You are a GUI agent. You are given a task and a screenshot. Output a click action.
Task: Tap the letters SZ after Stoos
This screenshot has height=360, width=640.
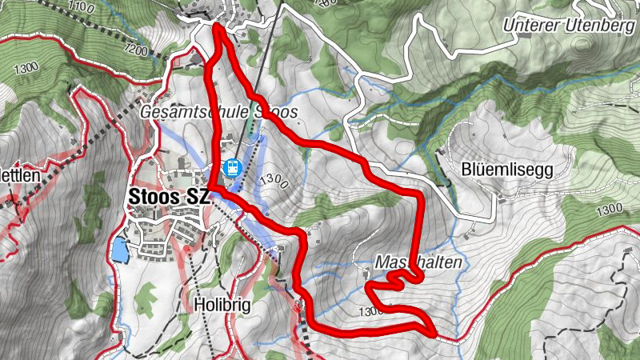198,197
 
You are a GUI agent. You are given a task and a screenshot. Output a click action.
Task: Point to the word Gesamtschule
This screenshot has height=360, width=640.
188,113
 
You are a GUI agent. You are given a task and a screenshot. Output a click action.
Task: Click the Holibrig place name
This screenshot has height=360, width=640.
219,305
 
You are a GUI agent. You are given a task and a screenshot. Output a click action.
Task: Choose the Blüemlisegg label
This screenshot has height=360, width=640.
507,170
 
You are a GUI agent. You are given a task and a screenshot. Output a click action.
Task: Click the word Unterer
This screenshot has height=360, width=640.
532,25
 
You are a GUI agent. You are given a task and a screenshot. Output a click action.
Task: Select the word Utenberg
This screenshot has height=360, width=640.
594,25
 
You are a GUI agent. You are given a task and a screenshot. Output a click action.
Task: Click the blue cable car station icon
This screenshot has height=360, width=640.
232,168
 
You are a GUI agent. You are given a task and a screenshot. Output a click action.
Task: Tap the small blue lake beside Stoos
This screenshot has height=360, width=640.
119,250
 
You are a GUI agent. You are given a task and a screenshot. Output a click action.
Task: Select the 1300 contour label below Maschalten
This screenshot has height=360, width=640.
373,312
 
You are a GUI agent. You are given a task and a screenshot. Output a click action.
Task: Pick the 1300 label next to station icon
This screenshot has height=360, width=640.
272,180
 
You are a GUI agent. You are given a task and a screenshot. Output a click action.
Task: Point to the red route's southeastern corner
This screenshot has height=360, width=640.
433,331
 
